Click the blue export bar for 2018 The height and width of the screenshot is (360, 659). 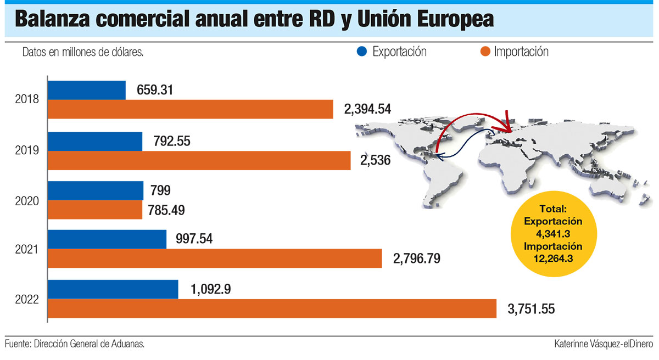click(x=87, y=90)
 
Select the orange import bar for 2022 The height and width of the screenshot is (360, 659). click(x=272, y=308)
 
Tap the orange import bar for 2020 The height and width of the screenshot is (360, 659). click(x=95, y=210)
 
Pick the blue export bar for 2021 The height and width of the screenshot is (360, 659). click(x=107, y=239)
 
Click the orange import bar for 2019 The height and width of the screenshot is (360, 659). click(x=199, y=160)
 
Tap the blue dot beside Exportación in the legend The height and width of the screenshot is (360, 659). click(x=361, y=52)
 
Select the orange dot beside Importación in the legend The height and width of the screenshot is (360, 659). click(x=484, y=52)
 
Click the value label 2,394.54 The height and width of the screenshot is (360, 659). click(x=367, y=109)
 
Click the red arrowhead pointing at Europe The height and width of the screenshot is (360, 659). click(x=509, y=127)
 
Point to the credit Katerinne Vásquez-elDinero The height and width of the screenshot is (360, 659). click(x=604, y=344)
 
